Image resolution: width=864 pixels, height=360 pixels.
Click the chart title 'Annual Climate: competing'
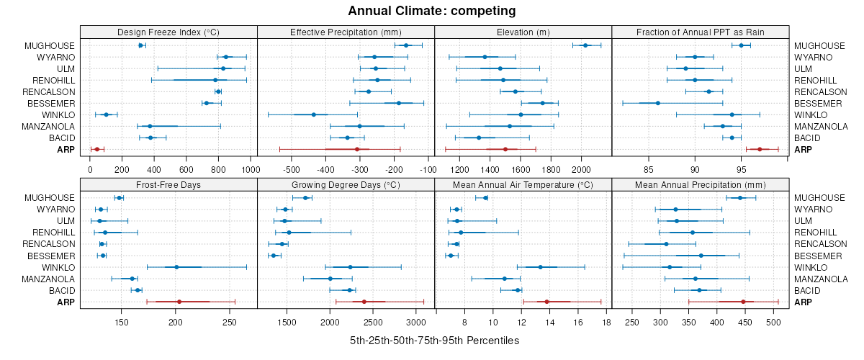click(431, 11)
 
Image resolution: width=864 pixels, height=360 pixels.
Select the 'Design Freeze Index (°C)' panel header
click(168, 32)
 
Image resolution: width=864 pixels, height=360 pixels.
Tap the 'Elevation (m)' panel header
click(523, 32)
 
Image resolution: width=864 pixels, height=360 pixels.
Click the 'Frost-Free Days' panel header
click(168, 185)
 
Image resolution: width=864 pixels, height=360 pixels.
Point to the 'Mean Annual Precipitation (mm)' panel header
click(700, 185)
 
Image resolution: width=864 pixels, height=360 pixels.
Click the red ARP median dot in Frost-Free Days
click(179, 302)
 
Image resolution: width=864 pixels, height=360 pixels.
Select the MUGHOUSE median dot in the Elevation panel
click(585, 45)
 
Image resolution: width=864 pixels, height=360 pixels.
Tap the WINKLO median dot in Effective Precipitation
click(314, 114)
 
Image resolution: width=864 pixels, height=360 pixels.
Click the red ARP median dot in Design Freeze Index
click(97, 149)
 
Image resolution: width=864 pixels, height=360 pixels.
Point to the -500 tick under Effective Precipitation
click(292, 170)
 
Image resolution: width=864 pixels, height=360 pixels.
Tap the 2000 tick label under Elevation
click(581, 170)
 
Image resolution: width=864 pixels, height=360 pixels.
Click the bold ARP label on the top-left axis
click(65, 149)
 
